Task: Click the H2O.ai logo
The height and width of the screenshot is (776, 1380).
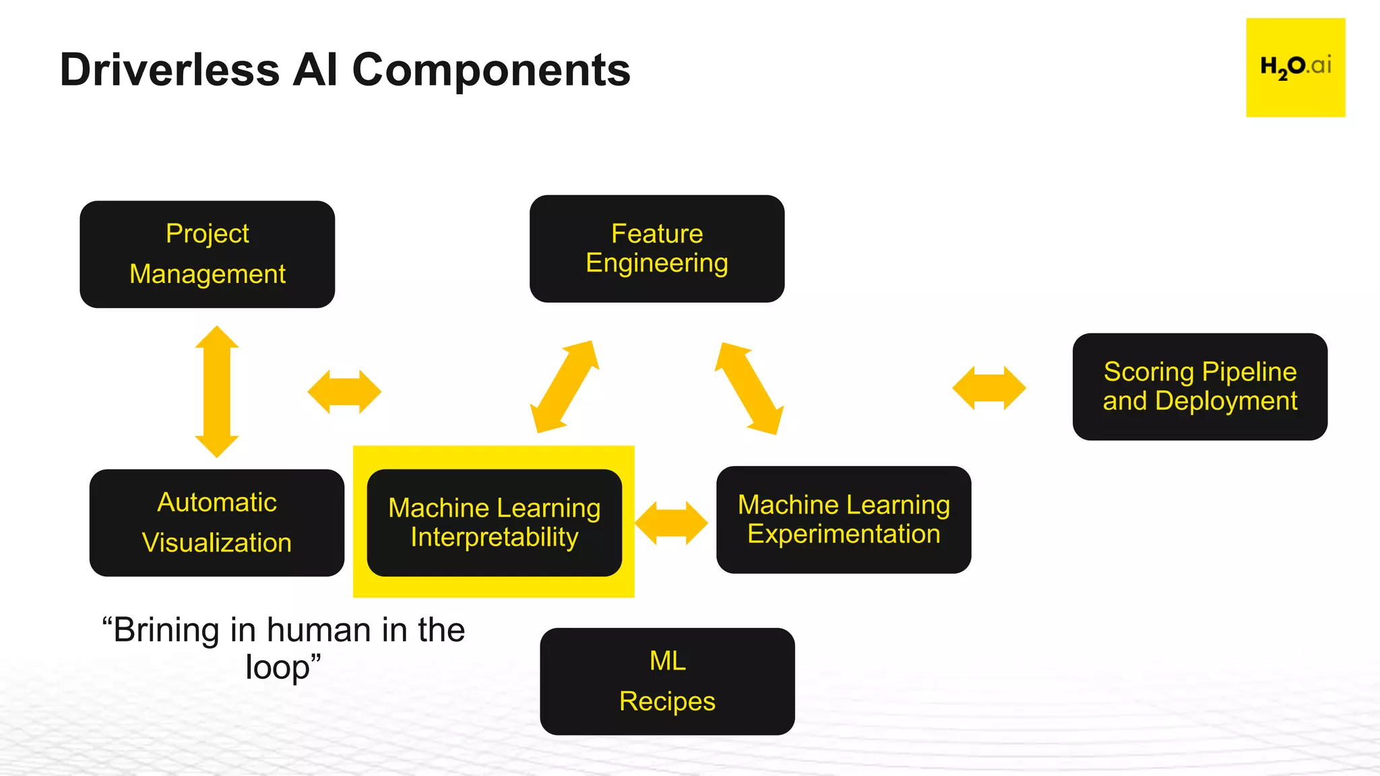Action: (1295, 67)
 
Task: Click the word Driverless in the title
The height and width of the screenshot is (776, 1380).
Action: (169, 70)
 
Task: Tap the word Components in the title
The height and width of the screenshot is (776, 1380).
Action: (491, 70)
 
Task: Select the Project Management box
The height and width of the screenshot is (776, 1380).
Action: (207, 254)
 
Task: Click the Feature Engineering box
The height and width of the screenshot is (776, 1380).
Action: (656, 249)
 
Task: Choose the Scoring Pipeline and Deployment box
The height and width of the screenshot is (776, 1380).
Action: (1199, 387)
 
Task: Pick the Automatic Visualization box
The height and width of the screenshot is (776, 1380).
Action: (216, 523)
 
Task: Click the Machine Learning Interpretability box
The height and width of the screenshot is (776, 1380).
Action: (494, 523)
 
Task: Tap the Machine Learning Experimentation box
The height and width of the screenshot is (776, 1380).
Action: (843, 519)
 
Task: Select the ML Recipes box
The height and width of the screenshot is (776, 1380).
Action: (667, 681)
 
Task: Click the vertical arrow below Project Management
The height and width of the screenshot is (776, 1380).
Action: (216, 391)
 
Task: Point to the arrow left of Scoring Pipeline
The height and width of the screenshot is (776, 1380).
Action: (989, 388)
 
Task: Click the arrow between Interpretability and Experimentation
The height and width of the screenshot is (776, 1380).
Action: (671, 523)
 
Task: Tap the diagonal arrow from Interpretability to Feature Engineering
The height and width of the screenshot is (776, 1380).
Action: (564, 387)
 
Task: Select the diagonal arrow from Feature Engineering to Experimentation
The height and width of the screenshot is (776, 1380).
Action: (749, 388)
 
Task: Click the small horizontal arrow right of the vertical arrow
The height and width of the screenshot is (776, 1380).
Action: (344, 391)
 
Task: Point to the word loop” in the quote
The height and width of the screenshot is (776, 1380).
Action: (283, 668)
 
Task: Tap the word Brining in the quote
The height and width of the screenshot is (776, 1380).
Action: (166, 630)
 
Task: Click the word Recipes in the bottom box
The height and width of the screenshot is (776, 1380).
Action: (667, 701)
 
